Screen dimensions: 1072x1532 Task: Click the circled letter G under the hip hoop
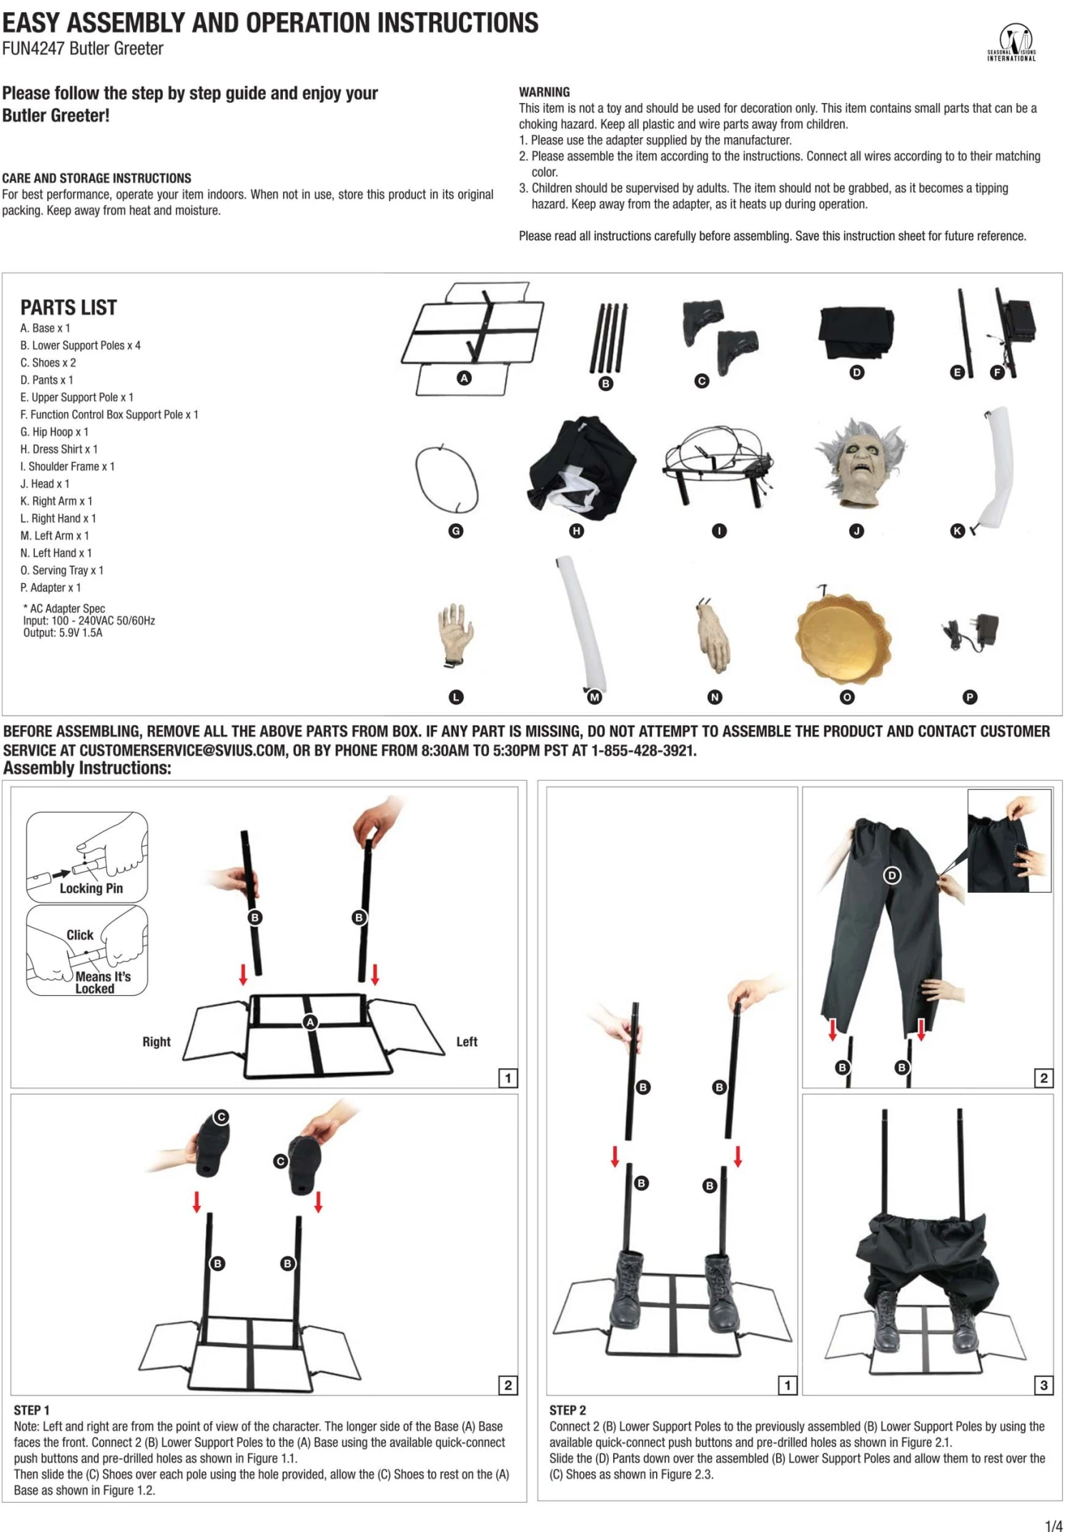456,531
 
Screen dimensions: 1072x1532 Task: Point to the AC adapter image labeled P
970,632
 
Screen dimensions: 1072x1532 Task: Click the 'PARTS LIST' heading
69,308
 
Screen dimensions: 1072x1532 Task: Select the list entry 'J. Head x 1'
45,484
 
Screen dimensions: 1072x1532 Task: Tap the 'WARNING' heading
545,92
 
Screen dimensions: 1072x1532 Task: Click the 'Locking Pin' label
91,889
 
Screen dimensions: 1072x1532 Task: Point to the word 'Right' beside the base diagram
157,1042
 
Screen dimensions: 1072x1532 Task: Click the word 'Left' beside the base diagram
467,1042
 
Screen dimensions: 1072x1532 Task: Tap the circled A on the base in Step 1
310,1022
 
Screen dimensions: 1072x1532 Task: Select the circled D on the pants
892,876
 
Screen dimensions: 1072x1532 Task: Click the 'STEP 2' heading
567,1410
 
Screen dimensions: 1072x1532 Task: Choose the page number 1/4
1054,1526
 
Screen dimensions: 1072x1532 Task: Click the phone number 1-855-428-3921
643,751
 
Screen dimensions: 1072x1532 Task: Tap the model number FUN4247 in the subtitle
34,49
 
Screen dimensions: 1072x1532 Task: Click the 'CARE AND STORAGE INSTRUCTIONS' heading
96,178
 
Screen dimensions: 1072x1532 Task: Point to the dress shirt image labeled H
580,465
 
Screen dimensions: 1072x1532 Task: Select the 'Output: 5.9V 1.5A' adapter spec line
63,633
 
